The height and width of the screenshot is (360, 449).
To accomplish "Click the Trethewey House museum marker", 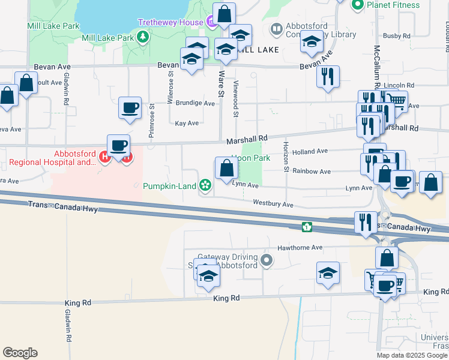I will click(x=212, y=22).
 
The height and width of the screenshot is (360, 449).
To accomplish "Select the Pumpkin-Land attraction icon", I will click(x=205, y=185).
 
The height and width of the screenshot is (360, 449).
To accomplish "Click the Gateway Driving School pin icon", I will click(x=267, y=260).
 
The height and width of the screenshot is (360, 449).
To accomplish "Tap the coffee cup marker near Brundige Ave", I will click(x=130, y=109).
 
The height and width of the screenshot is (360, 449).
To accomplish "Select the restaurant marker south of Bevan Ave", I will click(x=328, y=77).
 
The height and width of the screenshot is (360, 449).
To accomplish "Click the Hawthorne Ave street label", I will click(x=300, y=247).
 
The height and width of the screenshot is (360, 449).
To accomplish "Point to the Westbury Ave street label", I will click(x=273, y=205).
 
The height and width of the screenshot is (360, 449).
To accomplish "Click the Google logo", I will click(x=20, y=353).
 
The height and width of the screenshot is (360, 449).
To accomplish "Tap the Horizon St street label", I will click(x=286, y=160).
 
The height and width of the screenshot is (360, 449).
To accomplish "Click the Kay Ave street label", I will click(x=187, y=123).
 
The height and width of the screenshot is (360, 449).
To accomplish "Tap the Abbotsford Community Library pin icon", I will click(x=277, y=29).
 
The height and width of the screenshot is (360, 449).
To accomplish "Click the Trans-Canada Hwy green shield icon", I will click(x=307, y=227).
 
